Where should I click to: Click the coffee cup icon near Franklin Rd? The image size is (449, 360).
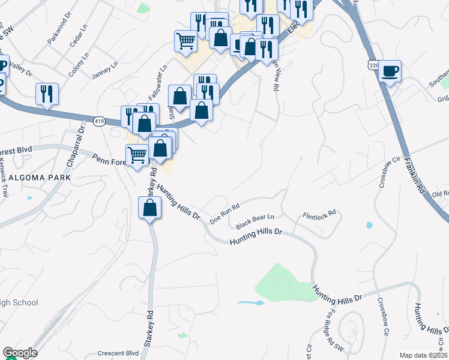coord(390,71)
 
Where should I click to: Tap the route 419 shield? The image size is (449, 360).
coord(98,121)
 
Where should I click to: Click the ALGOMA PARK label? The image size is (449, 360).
coord(40,178)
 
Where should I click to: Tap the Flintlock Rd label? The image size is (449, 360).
coord(318,215)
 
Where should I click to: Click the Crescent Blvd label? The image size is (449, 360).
coord(116,353)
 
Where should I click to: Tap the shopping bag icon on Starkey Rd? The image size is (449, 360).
coord(149,208)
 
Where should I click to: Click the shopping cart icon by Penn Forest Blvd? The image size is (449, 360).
coord(138,155)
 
